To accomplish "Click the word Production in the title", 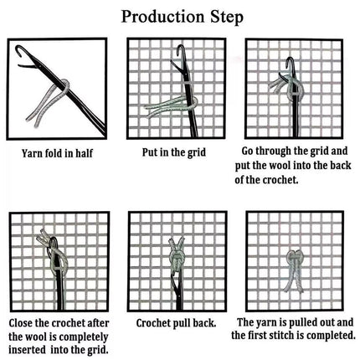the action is click(162, 17).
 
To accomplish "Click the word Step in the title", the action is click(227, 18).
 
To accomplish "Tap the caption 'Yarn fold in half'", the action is click(57, 153).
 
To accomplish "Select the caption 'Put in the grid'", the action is click(174, 152).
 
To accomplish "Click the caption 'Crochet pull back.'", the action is click(176, 323).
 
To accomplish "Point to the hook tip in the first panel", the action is click(18, 50).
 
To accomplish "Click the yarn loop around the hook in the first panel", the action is click(64, 86).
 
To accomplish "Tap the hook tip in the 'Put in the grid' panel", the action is click(180, 50).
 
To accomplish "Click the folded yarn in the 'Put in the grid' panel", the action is click(170, 107).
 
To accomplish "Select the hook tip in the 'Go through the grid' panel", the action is click(291, 63).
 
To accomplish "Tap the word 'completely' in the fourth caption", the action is click(84, 337).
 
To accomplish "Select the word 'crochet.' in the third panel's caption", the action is click(280, 180).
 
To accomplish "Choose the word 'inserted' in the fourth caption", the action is click(27, 350).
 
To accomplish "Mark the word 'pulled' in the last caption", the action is click(303, 323).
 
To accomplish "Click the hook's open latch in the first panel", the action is click(27, 66).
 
